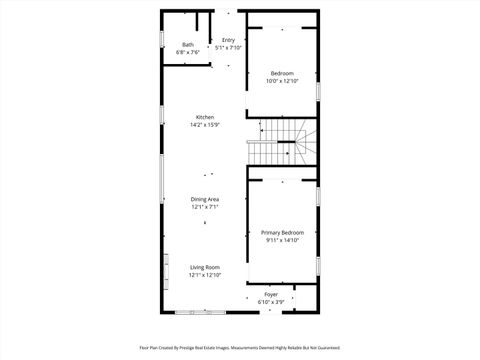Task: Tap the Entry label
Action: coord(228,40)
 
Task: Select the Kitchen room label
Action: coord(205,117)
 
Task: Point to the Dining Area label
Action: coord(205,200)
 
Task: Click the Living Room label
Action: coord(205,267)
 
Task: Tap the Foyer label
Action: coord(271,294)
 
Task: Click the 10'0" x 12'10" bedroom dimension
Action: coord(282,81)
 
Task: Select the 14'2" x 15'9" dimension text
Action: coord(205,125)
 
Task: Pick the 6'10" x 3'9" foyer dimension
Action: coord(271,301)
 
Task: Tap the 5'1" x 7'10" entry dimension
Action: coord(228,47)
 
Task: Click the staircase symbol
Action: coord(283,140)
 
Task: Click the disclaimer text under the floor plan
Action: coord(240,347)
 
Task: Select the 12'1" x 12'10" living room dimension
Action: coord(205,275)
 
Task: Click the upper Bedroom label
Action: coord(282,73)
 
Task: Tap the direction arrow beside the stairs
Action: coord(262,128)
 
